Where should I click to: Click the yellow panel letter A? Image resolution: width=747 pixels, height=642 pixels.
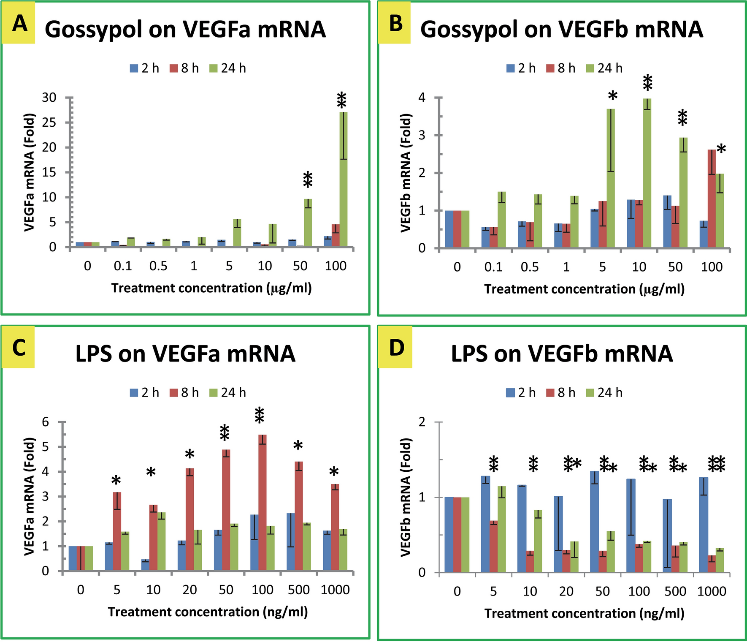[x=19, y=24]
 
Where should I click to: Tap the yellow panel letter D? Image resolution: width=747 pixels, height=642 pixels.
[x=396, y=348]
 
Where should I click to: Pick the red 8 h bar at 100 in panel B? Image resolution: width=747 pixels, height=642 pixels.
[x=712, y=199]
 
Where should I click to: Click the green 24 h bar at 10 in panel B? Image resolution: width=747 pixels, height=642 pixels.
[x=647, y=173]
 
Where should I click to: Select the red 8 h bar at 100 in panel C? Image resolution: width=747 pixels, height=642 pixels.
[x=263, y=503]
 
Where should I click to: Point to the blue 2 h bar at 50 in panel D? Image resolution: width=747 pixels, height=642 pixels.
[x=594, y=522]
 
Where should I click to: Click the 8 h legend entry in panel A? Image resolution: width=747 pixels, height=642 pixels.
[x=184, y=68]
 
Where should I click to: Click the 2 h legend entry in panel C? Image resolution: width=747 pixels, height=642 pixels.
[x=145, y=393]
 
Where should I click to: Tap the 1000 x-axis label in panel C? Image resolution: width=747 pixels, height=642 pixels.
[x=335, y=590]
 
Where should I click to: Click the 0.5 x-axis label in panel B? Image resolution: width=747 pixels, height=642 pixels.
[x=530, y=267]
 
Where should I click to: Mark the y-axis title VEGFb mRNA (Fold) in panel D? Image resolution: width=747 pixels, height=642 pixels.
[x=406, y=497]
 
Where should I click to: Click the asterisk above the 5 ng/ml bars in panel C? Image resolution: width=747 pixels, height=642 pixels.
[x=116, y=481]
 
